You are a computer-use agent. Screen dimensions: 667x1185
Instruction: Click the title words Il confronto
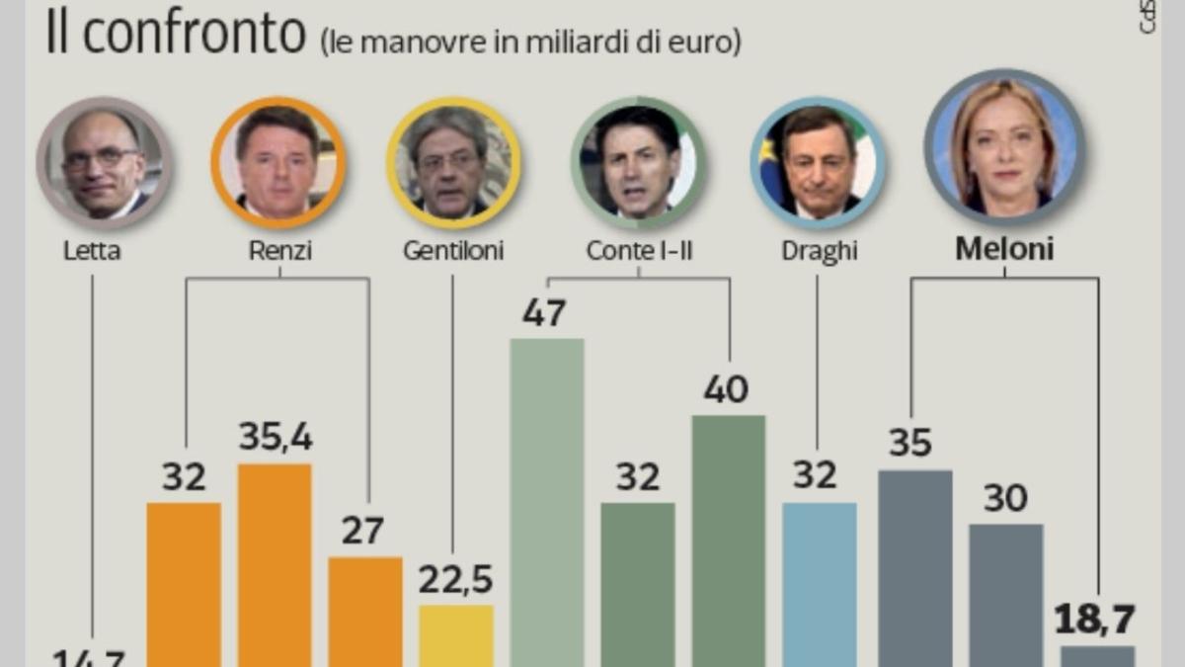(x=176, y=35)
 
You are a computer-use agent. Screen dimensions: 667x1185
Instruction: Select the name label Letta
(x=92, y=251)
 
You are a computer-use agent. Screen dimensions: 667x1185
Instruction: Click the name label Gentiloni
(x=453, y=251)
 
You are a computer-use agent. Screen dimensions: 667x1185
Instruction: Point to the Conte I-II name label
(x=639, y=251)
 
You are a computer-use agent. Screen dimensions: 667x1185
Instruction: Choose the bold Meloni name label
(x=1004, y=249)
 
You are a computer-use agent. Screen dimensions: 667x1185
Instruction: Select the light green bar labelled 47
(x=547, y=504)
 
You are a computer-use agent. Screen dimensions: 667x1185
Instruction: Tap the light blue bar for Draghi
(x=820, y=584)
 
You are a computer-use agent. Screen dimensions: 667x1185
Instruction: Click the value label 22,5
(x=455, y=580)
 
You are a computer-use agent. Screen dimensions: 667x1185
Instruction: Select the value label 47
(x=544, y=313)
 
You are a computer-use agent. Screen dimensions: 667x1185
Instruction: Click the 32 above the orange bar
(x=184, y=477)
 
